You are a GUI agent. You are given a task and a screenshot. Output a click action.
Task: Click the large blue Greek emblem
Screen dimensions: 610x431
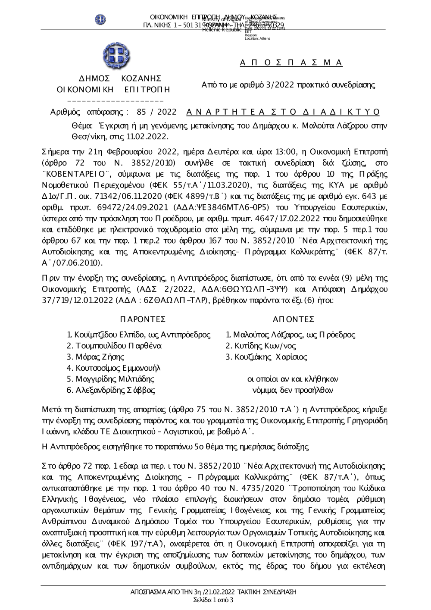pyautogui.click(x=116, y=55)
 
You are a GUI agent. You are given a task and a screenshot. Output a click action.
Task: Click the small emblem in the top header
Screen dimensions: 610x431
pyautogui.click(x=101, y=20)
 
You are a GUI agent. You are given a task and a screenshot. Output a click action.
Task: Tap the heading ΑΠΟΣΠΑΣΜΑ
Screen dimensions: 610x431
pyautogui.click(x=291, y=63)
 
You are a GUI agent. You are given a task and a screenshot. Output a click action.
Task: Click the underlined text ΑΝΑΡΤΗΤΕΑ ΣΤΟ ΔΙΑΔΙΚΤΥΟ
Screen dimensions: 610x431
pyautogui.click(x=283, y=113)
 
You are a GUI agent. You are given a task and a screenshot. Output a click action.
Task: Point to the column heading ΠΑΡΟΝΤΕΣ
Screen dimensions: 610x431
pyautogui.click(x=142, y=319)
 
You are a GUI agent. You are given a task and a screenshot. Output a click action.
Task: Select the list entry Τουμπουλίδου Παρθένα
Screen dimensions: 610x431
pyautogui.click(x=114, y=346)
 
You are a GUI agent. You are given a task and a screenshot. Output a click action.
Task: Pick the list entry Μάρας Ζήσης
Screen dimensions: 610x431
pyautogui.click(x=95, y=357)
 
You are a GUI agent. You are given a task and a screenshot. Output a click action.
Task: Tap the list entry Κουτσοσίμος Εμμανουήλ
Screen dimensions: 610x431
pyautogui.click(x=113, y=368)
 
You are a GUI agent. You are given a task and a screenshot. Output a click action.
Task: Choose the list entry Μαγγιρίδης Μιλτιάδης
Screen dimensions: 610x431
pyautogui.click(x=110, y=379)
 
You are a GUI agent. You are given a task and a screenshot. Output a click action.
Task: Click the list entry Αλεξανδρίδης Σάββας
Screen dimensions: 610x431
pyautogui.click(x=111, y=391)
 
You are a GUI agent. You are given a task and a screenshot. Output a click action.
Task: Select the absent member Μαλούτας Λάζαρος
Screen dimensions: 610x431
pyautogui.click(x=267, y=335)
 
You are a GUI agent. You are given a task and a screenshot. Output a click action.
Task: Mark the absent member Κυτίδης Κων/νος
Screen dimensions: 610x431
pyautogui.click(x=261, y=346)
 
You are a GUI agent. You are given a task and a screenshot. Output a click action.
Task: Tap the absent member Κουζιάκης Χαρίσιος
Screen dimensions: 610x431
pyautogui.click(x=266, y=357)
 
